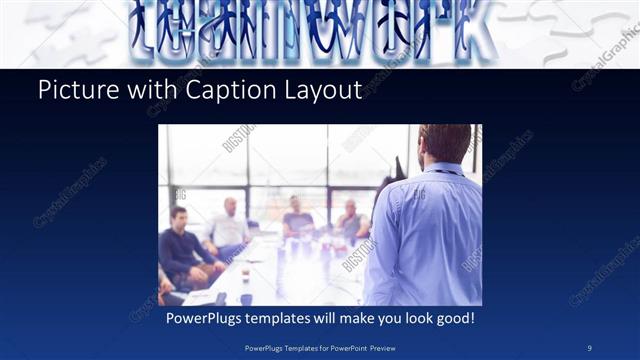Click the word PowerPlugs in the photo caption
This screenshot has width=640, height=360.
pos(207,318)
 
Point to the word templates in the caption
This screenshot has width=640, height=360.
pos(292,318)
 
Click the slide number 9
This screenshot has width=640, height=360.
pos(590,347)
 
